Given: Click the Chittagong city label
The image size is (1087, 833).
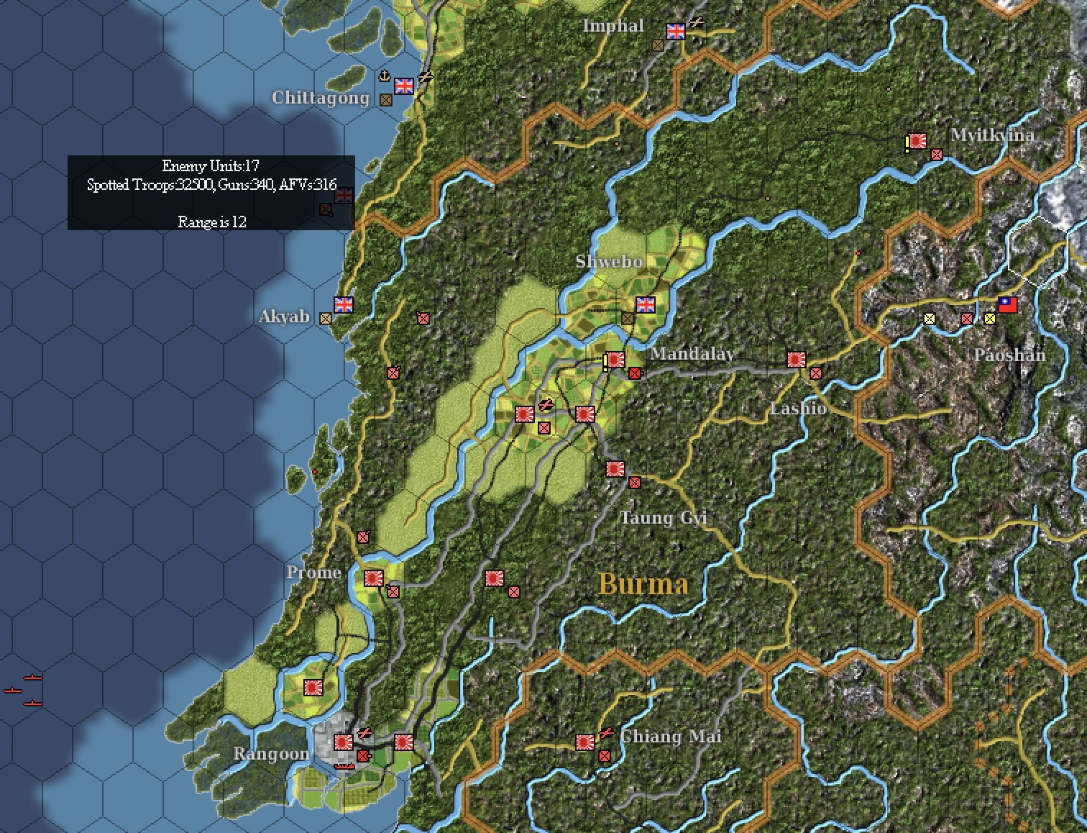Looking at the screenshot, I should click(321, 98).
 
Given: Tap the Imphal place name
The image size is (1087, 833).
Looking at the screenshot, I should click(613, 26).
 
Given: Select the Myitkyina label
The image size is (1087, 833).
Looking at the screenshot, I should click(993, 135).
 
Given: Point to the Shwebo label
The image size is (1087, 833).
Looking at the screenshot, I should click(609, 261).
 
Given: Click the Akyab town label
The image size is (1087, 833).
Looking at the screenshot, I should click(285, 317).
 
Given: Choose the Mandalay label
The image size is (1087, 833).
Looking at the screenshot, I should click(692, 353).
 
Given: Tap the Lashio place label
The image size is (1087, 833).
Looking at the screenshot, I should click(798, 408).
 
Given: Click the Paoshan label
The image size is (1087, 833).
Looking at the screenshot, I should click(1009, 355).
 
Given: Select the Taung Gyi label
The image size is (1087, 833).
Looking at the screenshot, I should click(664, 517).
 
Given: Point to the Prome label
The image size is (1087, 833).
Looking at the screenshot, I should click(313, 573).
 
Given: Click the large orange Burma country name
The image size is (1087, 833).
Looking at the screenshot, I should click(643, 583).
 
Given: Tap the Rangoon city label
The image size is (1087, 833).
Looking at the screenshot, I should click(271, 753).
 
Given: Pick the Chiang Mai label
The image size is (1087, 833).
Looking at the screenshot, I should click(670, 737).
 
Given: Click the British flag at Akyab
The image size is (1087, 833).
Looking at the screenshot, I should click(344, 305).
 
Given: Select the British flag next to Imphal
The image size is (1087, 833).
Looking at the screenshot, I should click(676, 31).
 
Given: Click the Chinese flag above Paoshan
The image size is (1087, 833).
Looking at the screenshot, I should click(1008, 305).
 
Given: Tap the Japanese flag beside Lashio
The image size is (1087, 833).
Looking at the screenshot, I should click(797, 359).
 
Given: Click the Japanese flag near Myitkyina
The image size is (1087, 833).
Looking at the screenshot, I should click(917, 141).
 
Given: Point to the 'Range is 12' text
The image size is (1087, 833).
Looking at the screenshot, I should click(211, 222).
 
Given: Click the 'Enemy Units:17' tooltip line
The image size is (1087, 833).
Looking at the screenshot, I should click(211, 166).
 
